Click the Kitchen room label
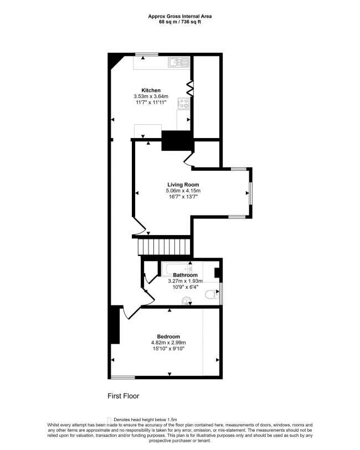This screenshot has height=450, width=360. (x=151, y=90)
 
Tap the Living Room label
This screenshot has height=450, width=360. (x=183, y=185)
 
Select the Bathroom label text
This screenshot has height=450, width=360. (x=185, y=275)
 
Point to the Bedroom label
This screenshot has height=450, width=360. (x=168, y=336)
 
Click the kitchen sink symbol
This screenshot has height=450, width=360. (x=177, y=62)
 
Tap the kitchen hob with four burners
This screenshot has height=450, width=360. (x=183, y=103)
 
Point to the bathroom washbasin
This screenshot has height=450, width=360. (x=188, y=301)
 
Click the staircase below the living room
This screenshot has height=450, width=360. (x=163, y=245)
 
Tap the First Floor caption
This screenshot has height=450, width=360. (x=123, y=396)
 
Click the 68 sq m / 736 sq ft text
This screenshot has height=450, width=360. (x=179, y=22)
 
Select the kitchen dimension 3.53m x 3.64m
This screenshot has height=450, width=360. (x=151, y=96)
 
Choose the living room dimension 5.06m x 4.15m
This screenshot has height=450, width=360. (x=183, y=191)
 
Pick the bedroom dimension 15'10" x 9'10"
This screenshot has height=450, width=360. (x=168, y=349)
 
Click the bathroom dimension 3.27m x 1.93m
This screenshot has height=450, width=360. (x=185, y=282)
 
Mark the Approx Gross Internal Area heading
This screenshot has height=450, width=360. (x=179, y=17)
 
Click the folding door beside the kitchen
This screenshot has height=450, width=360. (x=189, y=88)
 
